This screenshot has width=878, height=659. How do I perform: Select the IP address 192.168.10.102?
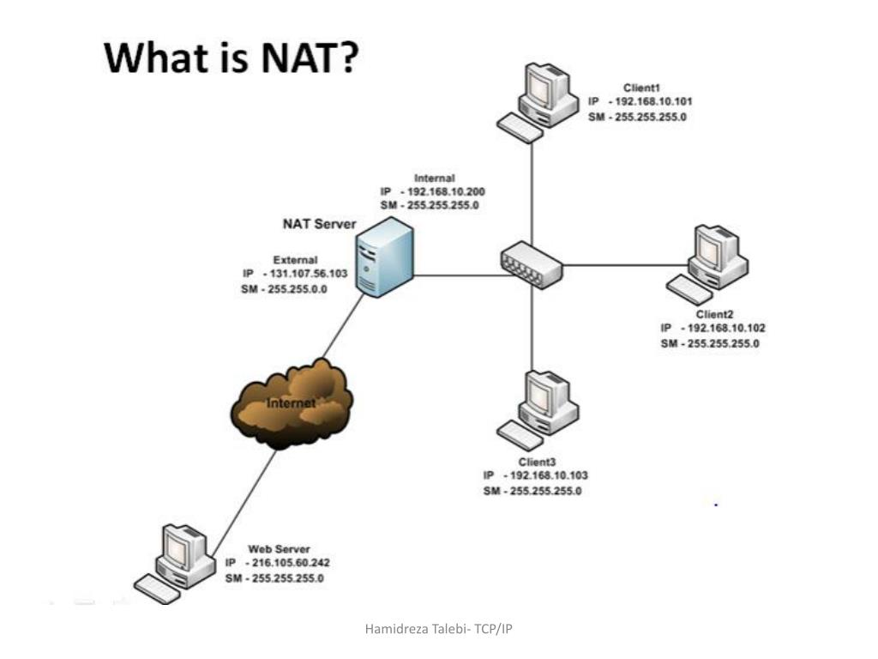723,328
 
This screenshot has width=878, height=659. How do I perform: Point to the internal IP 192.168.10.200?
442,192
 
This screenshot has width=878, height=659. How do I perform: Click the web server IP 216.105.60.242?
290,563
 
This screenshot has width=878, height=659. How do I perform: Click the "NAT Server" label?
320,225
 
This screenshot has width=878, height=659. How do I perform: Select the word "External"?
295,259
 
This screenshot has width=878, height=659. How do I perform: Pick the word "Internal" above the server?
434,178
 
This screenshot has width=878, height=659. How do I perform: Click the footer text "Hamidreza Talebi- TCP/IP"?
439,629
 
